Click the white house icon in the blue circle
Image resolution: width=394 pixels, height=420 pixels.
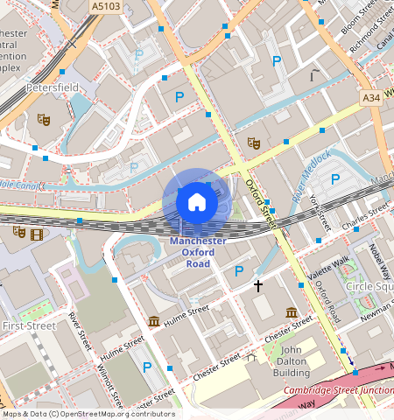coord(197,203)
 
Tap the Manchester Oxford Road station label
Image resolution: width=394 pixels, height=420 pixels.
coord(197,252)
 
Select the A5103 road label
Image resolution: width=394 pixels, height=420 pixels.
coord(106,5)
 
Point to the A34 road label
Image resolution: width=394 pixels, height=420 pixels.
coord(369,99)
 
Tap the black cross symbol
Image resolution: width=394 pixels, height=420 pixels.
coord(258,285)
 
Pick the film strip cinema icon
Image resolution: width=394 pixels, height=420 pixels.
coord(36,233)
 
